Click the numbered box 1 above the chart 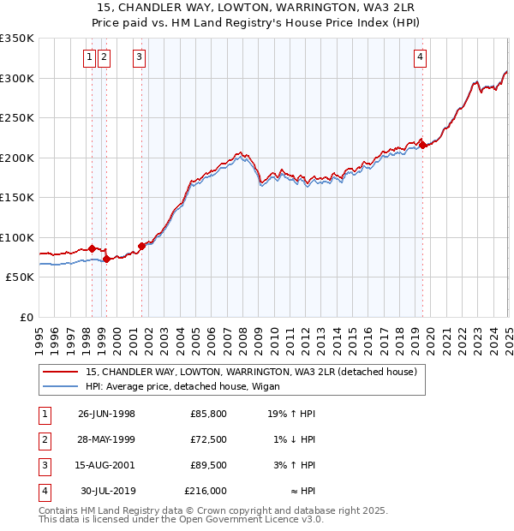(x=89, y=57)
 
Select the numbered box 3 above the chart (x=138, y=57)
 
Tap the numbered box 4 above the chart (x=421, y=57)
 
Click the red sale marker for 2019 (x=423, y=146)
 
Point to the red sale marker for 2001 (x=142, y=246)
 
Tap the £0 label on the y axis (x=26, y=317)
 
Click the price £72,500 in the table (x=209, y=439)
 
